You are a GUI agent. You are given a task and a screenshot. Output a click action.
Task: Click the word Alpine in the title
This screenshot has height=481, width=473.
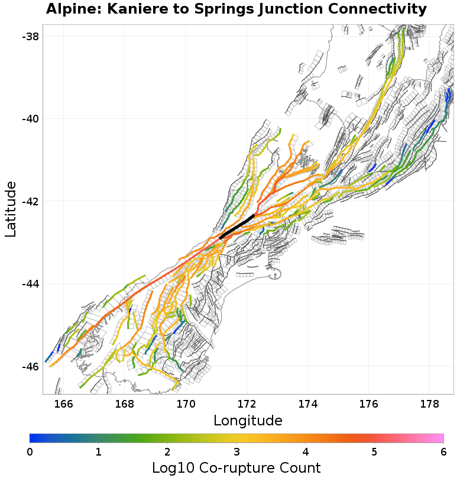[x=68, y=9]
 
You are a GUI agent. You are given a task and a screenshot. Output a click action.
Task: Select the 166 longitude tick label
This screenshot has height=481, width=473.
[x=63, y=405]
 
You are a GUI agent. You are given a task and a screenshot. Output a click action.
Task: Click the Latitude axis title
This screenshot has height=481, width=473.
[x=11, y=209]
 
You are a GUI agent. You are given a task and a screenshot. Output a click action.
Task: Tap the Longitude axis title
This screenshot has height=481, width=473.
[x=248, y=421]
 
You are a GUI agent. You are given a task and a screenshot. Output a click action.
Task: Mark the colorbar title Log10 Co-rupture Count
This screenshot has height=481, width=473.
[x=236, y=469]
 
